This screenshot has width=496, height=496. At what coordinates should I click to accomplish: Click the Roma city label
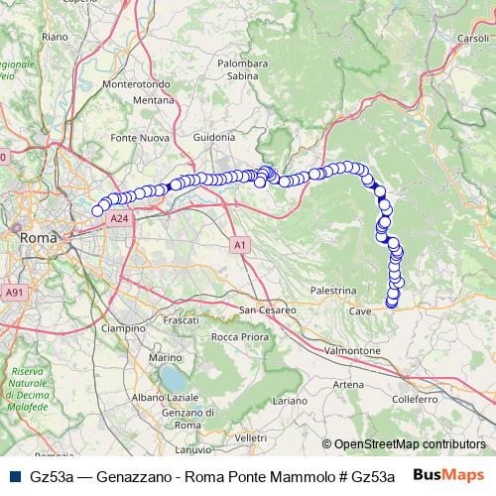pos(39,238)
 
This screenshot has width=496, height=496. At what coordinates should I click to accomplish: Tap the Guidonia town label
pos(214,137)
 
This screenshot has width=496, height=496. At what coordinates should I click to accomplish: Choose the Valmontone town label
pos(353,351)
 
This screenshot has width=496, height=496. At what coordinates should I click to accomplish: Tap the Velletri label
pos(251,437)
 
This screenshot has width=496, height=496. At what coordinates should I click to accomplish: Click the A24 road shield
pos(119,217)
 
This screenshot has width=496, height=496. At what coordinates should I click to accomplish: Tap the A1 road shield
pos(241,243)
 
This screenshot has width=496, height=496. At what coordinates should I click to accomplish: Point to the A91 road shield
pos(14,293)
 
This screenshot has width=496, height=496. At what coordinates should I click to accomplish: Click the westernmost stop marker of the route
pos(97,210)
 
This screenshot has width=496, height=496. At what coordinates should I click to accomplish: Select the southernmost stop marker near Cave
pos(391,303)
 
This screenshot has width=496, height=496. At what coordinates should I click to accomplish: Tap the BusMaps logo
pos(448,475)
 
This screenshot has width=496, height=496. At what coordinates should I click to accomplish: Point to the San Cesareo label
pos(268,310)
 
